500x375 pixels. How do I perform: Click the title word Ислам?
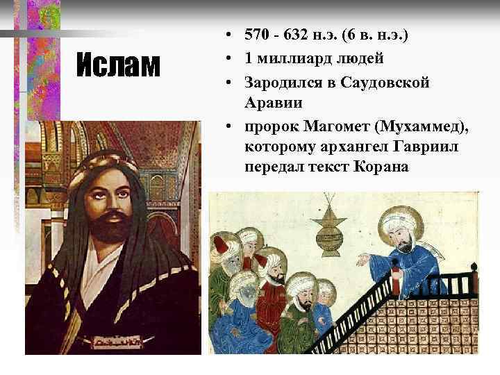coord(117,66)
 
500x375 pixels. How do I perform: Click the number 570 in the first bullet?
coord(257,35)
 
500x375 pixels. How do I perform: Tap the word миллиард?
coord(292,58)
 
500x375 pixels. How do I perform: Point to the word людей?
coord(360,58)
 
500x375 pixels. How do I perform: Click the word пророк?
coord(270,126)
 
